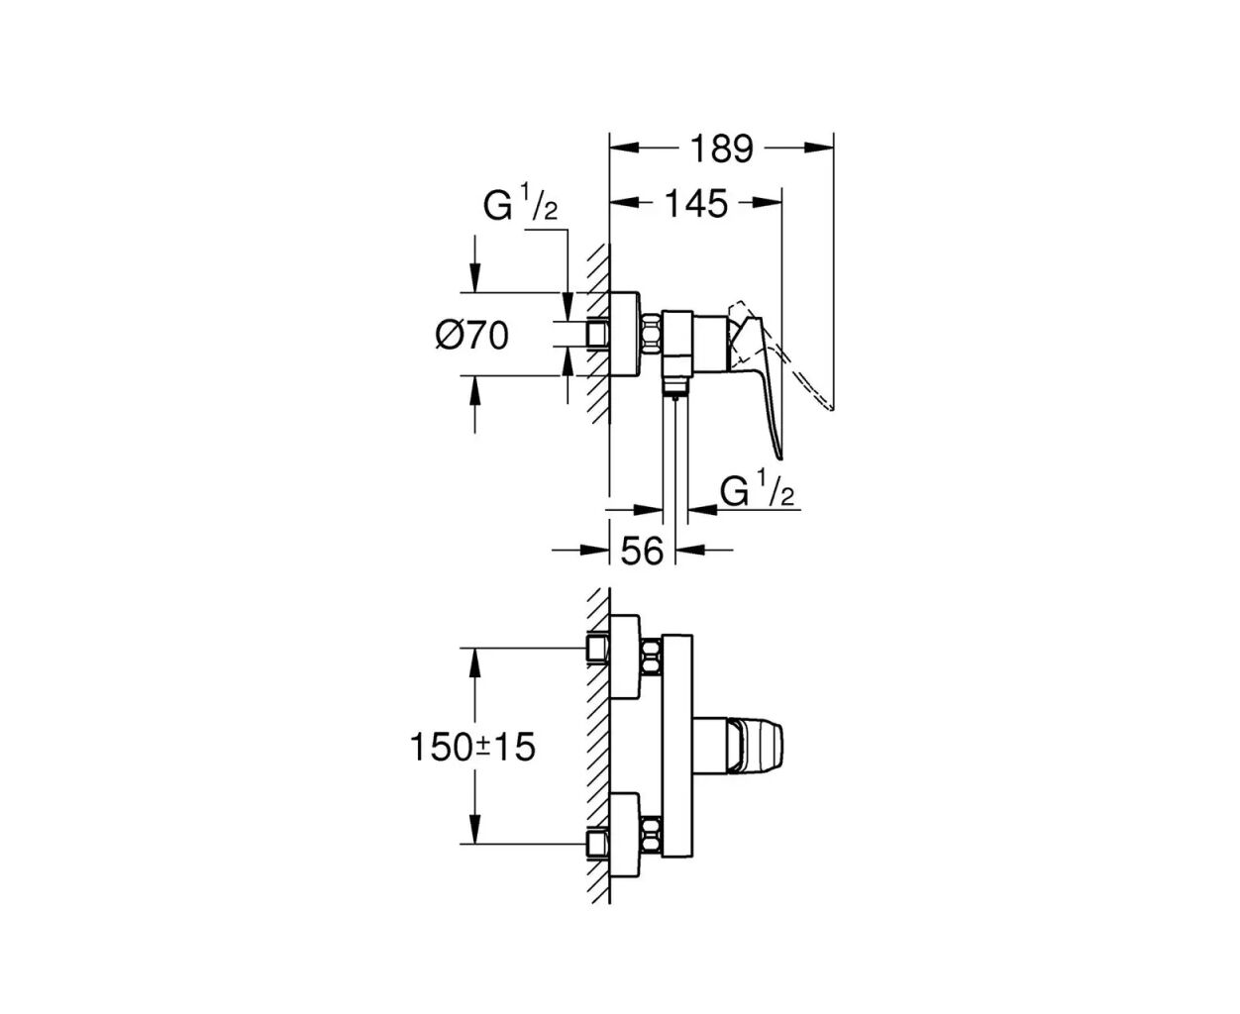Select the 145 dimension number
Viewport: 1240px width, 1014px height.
pyautogui.click(x=696, y=203)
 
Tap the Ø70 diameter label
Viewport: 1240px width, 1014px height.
pyautogui.click(x=472, y=337)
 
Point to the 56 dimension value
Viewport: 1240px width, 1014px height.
pyautogui.click(x=642, y=551)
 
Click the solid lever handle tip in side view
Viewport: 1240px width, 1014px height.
pyautogui.click(x=779, y=456)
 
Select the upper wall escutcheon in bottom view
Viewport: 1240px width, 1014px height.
pyautogui.click(x=625, y=657)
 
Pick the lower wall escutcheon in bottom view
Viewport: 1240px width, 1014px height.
pyautogui.click(x=625, y=836)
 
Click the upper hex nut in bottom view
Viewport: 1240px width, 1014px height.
pyautogui.click(x=652, y=658)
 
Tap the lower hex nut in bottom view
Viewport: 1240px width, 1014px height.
pyautogui.click(x=652, y=836)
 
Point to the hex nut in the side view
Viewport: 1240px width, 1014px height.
pyautogui.click(x=652, y=334)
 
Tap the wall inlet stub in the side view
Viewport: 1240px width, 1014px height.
pyautogui.click(x=598, y=334)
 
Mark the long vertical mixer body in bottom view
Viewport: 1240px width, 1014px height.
pyautogui.click(x=677, y=747)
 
